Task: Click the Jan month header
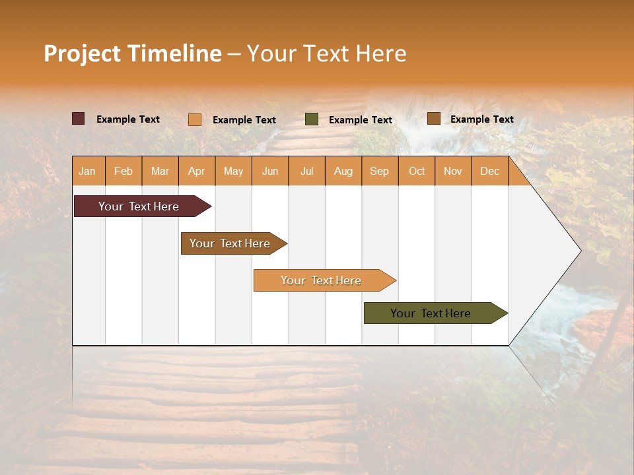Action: [x=88, y=171]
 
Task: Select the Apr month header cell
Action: [x=197, y=171]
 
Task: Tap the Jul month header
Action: [x=307, y=171]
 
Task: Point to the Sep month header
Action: [x=380, y=171]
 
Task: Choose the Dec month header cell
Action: [x=489, y=171]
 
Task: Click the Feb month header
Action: [x=123, y=171]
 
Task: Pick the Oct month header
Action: [x=417, y=171]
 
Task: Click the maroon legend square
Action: [x=78, y=119]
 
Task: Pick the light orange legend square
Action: [x=194, y=119]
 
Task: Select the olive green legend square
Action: [x=312, y=119]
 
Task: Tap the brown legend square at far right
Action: [x=433, y=119]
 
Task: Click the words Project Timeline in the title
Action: [x=132, y=53]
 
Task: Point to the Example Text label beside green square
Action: [x=361, y=120]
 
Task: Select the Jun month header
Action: [x=270, y=171]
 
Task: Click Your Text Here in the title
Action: [x=326, y=53]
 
